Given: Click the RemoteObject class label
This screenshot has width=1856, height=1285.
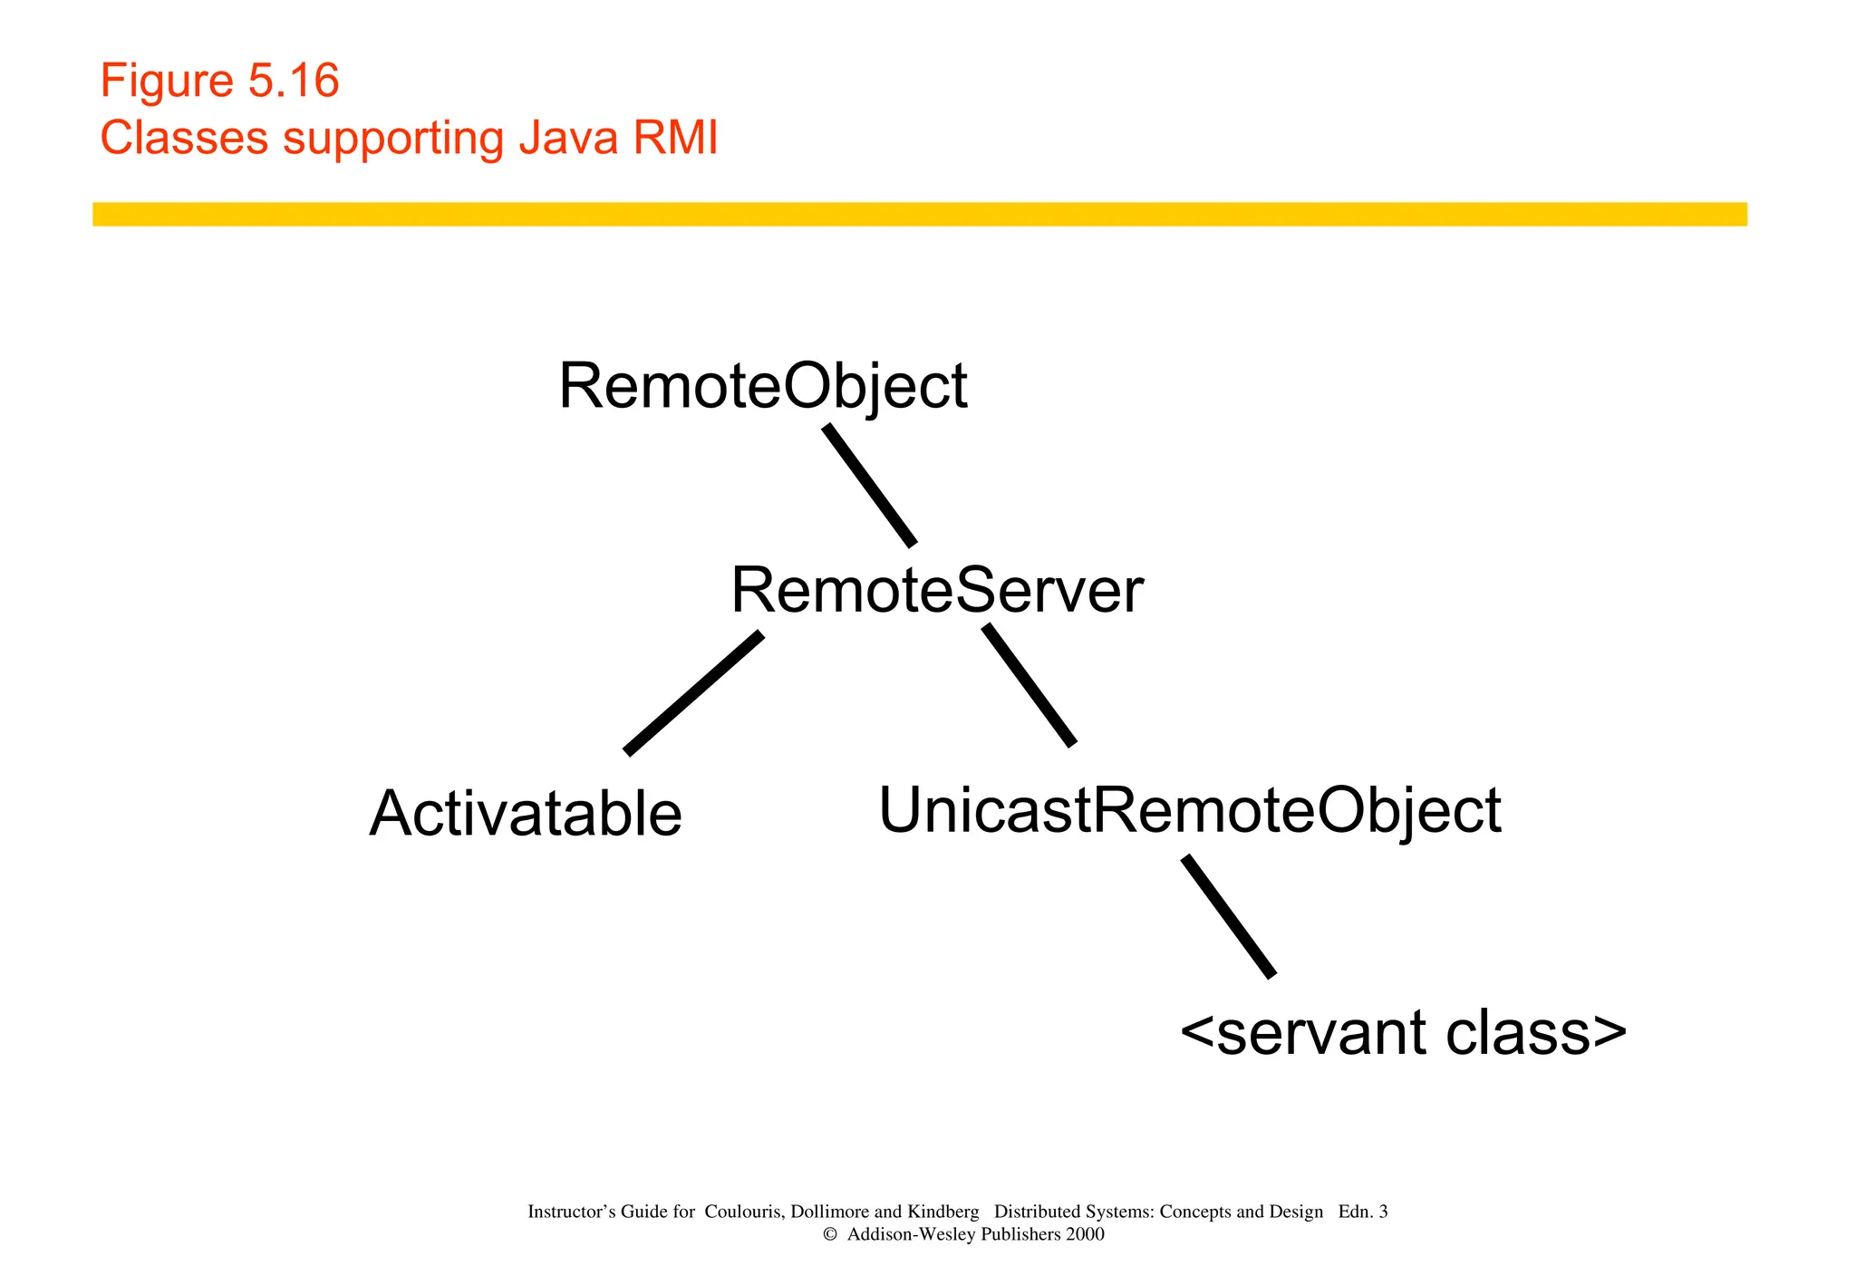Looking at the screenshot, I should pos(762,387).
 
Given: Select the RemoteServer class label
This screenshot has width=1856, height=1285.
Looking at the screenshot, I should pos(936,591).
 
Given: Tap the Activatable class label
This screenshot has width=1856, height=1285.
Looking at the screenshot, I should pos(526,814).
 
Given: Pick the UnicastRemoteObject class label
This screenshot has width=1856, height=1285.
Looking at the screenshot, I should pos(1189,810).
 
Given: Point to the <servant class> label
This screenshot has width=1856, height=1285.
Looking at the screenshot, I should pos(1403,1033).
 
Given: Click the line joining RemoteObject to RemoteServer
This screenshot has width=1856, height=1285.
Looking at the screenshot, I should pos(869,486).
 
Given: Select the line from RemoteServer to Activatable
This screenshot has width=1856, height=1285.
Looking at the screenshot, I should pos(694,693).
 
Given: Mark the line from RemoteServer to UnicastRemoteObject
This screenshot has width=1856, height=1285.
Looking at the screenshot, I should pos(1029,685).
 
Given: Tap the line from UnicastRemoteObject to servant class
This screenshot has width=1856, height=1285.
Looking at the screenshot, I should pos(1229,916).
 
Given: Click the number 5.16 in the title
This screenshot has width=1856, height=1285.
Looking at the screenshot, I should pos(294,82).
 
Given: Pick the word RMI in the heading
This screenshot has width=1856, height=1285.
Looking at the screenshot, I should pos(675,139).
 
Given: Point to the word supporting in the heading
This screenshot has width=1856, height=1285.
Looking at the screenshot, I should pos(392,140).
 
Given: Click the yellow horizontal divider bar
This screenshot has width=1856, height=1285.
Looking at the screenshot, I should pos(919,214).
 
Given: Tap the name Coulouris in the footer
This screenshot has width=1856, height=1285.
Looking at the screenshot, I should pos(743,1213).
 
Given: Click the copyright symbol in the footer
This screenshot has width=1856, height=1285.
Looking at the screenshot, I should pos(829,1235).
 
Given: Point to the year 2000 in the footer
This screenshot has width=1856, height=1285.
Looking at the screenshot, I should pos(1085,1235).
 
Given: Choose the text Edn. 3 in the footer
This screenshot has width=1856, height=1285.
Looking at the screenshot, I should pos(1362,1213).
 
